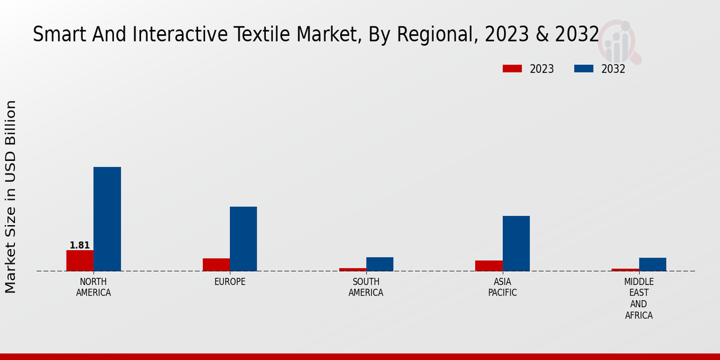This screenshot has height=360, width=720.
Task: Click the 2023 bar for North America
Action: [80, 260]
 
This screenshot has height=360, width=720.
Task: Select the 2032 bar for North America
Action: [107, 219]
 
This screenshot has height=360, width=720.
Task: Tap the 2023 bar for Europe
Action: [216, 265]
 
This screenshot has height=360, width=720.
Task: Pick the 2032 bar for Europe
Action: [244, 239]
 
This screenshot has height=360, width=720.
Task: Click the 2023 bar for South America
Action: [353, 269]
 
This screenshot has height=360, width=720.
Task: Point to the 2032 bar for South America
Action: [380, 264]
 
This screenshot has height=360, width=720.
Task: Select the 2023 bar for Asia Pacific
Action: [489, 266]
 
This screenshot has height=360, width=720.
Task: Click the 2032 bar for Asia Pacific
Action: [516, 243]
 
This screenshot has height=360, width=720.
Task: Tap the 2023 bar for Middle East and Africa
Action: [625, 270]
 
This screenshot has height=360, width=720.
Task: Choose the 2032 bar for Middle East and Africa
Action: [653, 265]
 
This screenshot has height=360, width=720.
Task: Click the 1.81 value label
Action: [80, 245]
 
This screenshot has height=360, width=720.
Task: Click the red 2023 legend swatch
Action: [512, 69]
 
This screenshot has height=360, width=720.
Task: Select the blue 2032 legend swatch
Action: [584, 69]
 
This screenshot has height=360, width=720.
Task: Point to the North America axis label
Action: [94, 287]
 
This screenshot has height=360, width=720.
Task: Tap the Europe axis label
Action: [230, 282]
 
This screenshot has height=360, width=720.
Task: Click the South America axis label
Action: [366, 287]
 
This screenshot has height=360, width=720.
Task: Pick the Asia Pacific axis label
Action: [503, 287]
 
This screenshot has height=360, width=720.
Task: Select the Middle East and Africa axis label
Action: [639, 298]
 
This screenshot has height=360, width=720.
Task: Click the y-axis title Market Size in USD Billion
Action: [11, 197]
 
